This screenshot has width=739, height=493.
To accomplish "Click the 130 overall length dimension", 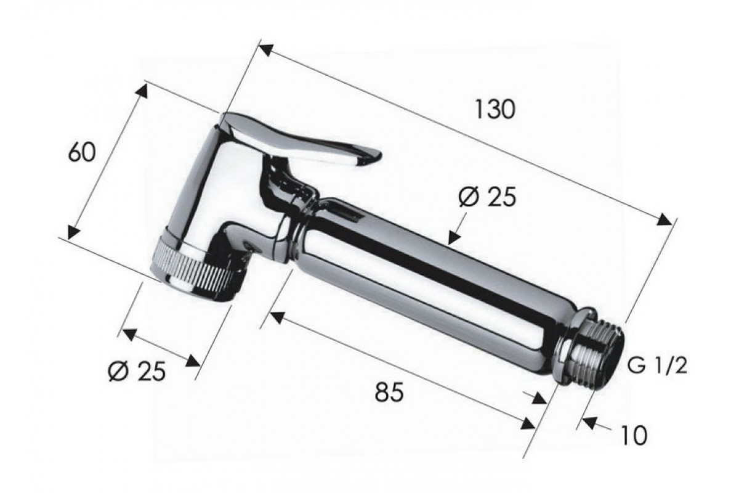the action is tap(495, 109).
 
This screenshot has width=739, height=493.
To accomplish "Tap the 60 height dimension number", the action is tap(82, 152).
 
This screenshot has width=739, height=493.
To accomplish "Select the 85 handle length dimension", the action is tap(389, 392).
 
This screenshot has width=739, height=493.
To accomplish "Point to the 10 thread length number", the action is tap(634, 436).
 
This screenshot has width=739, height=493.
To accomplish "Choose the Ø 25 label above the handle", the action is tap(487, 197).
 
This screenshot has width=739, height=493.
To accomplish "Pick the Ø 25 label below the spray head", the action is tap(137, 372).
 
